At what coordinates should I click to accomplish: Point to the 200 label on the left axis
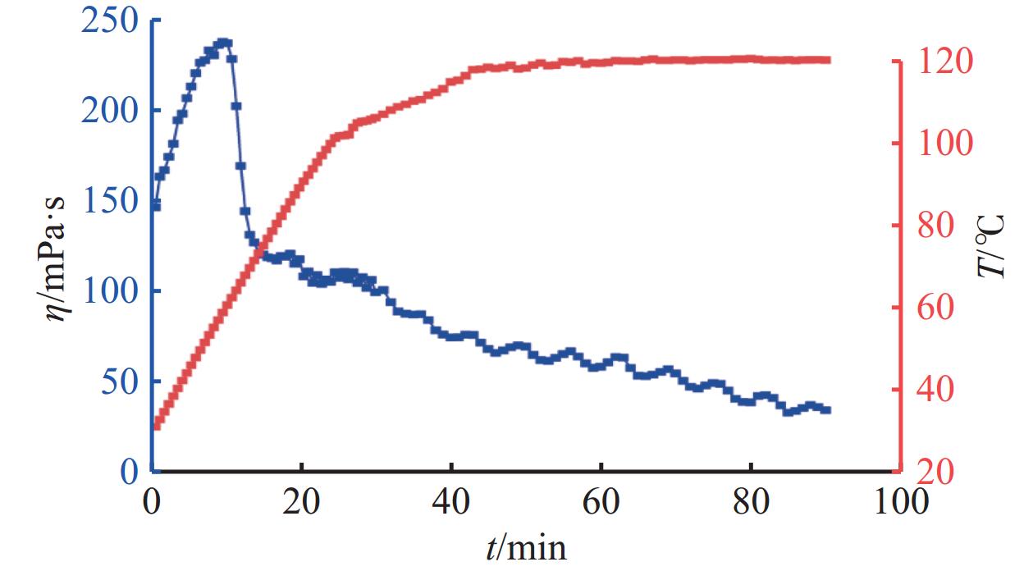[x=112, y=110]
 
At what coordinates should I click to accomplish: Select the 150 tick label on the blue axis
[x=112, y=200]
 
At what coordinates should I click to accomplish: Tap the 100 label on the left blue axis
[x=112, y=290]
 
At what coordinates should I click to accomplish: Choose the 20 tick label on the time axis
[x=303, y=501]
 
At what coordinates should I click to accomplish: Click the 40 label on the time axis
[x=452, y=501]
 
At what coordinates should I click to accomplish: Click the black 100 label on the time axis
[x=900, y=501]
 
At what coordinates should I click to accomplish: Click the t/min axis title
[x=525, y=546]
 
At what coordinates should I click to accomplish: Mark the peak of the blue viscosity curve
[x=222, y=42]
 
